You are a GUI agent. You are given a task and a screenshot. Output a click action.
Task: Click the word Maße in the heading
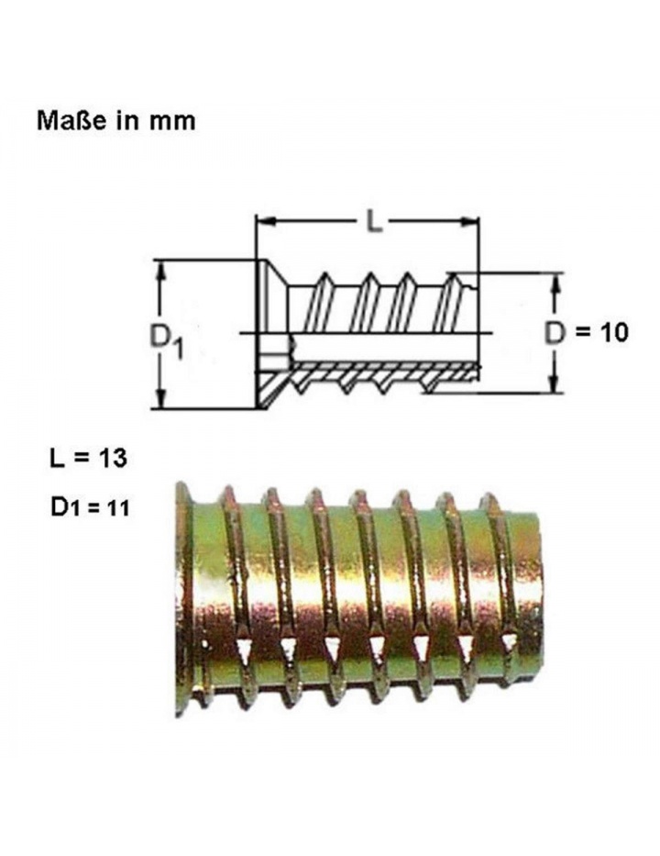click(71, 121)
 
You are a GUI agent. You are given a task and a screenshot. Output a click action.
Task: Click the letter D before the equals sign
click(555, 333)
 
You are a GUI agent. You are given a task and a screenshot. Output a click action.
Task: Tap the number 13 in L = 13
click(112, 458)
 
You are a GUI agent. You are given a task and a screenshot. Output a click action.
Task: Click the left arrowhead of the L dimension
click(266, 222)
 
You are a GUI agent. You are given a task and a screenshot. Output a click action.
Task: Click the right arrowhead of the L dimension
click(469, 222)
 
